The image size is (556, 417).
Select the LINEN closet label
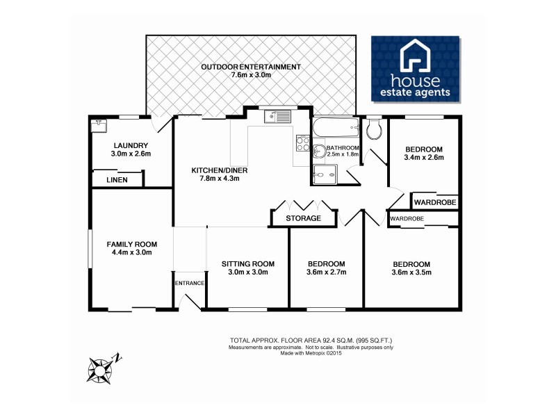pos(117,180)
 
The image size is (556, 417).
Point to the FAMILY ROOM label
pos(131,244)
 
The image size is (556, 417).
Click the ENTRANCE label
pos(189,283)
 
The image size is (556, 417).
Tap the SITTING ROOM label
pos(248,263)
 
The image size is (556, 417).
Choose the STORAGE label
pos(304,218)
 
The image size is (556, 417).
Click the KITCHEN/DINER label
pos(220,170)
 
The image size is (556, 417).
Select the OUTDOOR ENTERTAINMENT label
pos(250,67)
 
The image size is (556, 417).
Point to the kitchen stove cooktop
pos(303,143)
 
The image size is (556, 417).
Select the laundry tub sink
pos(99,126)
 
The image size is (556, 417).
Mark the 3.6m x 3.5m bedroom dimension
pos(411,272)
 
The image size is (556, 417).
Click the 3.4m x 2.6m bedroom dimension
pos(424,158)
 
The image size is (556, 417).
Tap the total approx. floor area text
pos(316,340)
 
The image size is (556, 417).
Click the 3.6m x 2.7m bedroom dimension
pos(326,272)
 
